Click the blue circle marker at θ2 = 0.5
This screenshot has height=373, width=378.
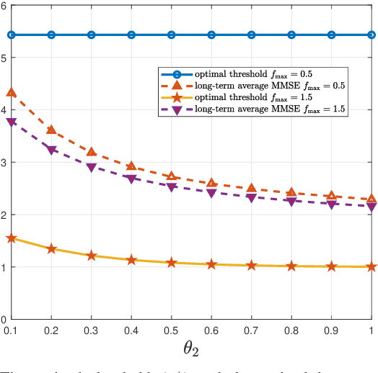click(x=171, y=35)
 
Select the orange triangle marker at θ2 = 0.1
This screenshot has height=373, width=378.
click(x=11, y=92)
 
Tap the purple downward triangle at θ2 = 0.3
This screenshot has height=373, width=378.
click(x=91, y=167)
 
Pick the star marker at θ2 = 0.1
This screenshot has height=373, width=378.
click(x=11, y=238)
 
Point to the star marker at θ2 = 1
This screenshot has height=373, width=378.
click(x=372, y=266)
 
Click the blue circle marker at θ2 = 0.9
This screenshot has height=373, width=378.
click(x=331, y=35)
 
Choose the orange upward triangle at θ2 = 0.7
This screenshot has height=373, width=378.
click(x=251, y=188)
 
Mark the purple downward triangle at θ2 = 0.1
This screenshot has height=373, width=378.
click(x=11, y=122)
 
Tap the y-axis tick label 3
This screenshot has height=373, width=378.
click(x=5, y=162)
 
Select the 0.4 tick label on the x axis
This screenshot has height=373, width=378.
click(x=131, y=329)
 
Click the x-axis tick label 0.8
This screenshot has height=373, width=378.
click(x=291, y=329)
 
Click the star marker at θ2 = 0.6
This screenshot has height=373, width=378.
click(x=211, y=264)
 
